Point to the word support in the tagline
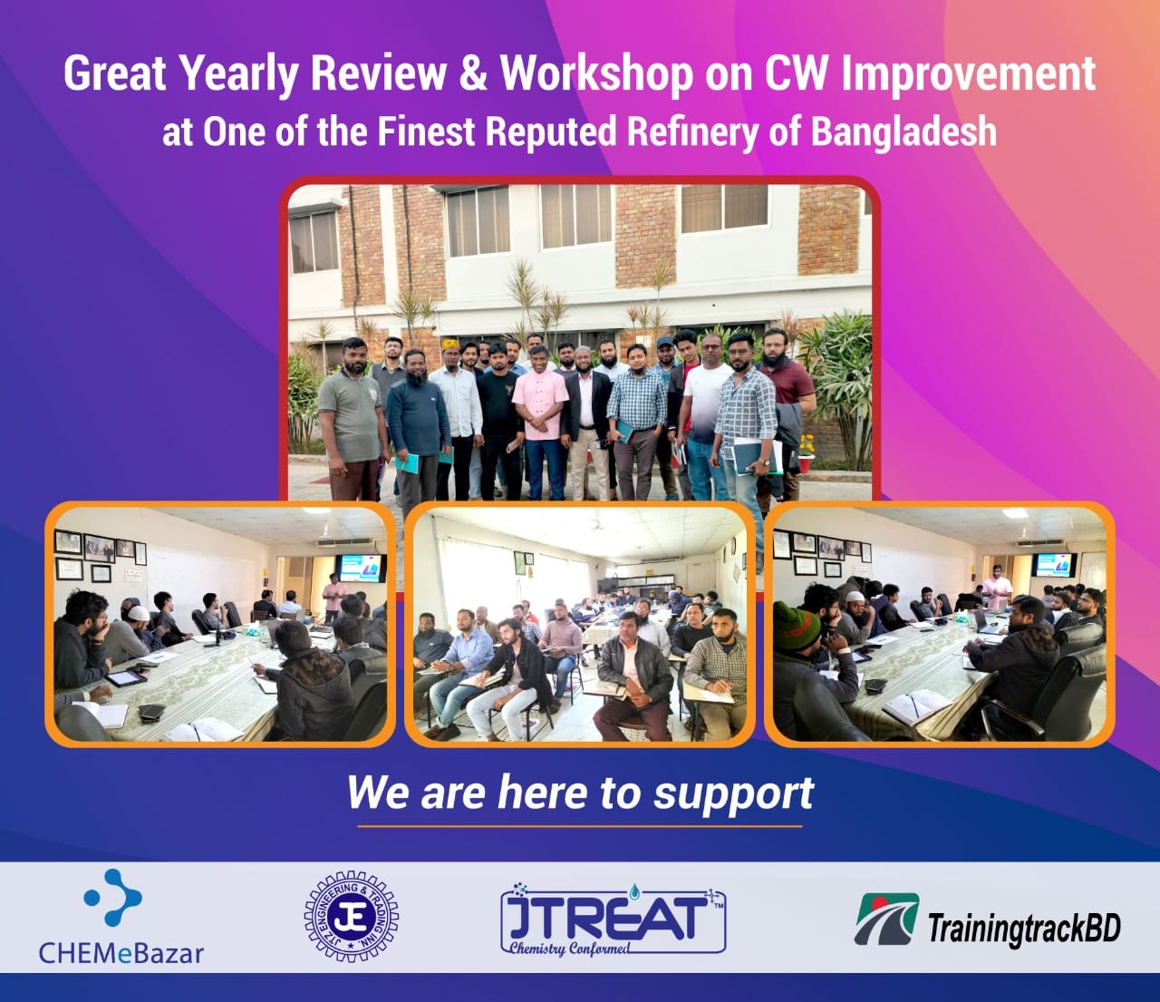pyautogui.click(x=733, y=794)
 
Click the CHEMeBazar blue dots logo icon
pyautogui.click(x=113, y=898)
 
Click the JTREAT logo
pyautogui.click(x=614, y=918)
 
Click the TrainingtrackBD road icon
pyautogui.click(x=886, y=919)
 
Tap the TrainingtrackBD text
pyautogui.click(x=1024, y=929)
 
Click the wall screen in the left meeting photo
pyautogui.click(x=362, y=568)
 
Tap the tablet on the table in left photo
pyautogui.click(x=127, y=678)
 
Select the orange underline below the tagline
pyautogui.click(x=580, y=826)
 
